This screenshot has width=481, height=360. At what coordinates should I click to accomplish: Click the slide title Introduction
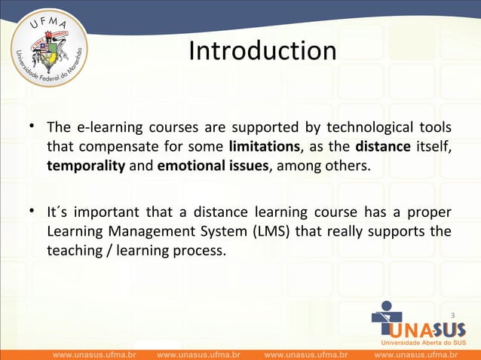262,51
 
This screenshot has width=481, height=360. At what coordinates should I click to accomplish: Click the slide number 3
452,314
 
